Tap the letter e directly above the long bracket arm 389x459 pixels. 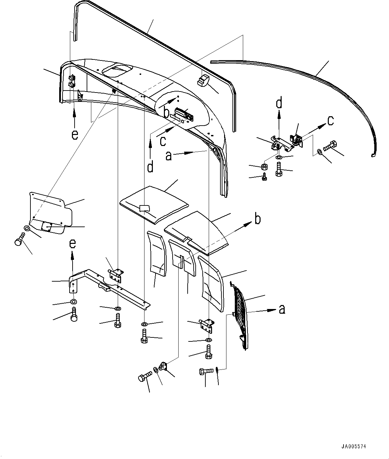click(73, 244)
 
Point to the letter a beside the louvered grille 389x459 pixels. click(282, 309)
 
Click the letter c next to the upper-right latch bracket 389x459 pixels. click(330, 121)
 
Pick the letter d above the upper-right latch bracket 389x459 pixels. click(279, 103)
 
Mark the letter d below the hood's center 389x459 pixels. click(151, 166)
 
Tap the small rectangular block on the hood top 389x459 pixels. click(203, 81)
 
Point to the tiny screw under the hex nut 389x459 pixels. click(264, 177)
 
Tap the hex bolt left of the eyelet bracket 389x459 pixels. click(143, 377)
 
